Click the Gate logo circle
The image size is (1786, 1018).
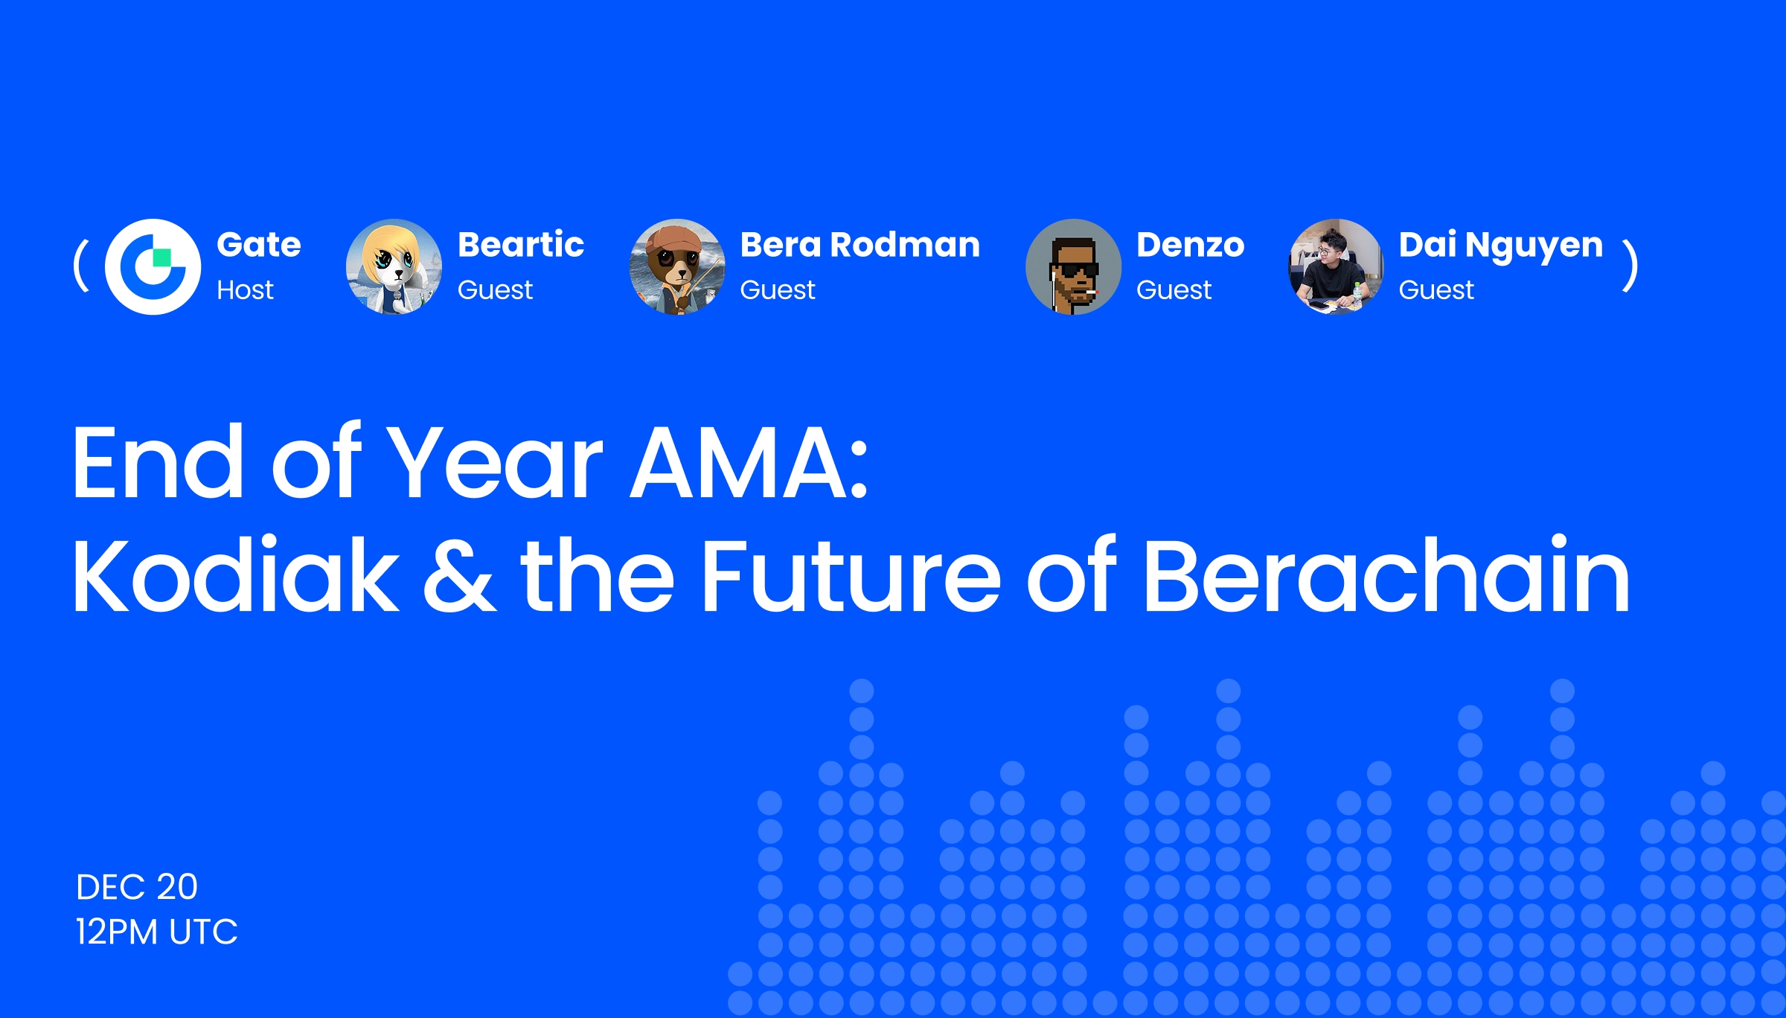(153, 266)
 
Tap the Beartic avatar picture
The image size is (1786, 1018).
(394, 266)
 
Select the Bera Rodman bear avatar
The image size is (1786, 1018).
(677, 266)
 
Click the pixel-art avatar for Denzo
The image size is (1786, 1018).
(1073, 266)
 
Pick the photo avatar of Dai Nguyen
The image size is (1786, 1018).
(1336, 266)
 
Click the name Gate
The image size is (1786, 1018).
(259, 245)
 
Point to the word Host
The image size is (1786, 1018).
(245, 289)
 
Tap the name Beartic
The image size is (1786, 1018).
(521, 245)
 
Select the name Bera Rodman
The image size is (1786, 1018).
(860, 245)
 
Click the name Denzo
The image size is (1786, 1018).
(1190, 245)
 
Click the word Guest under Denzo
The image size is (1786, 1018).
(1174, 289)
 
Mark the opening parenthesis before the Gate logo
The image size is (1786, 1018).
(81, 266)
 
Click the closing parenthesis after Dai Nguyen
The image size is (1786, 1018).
(1630, 266)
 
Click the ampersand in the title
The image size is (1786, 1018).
(459, 575)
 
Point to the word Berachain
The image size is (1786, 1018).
(1386, 575)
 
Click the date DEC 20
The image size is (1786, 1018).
(137, 887)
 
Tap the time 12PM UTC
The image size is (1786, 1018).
(156, 932)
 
